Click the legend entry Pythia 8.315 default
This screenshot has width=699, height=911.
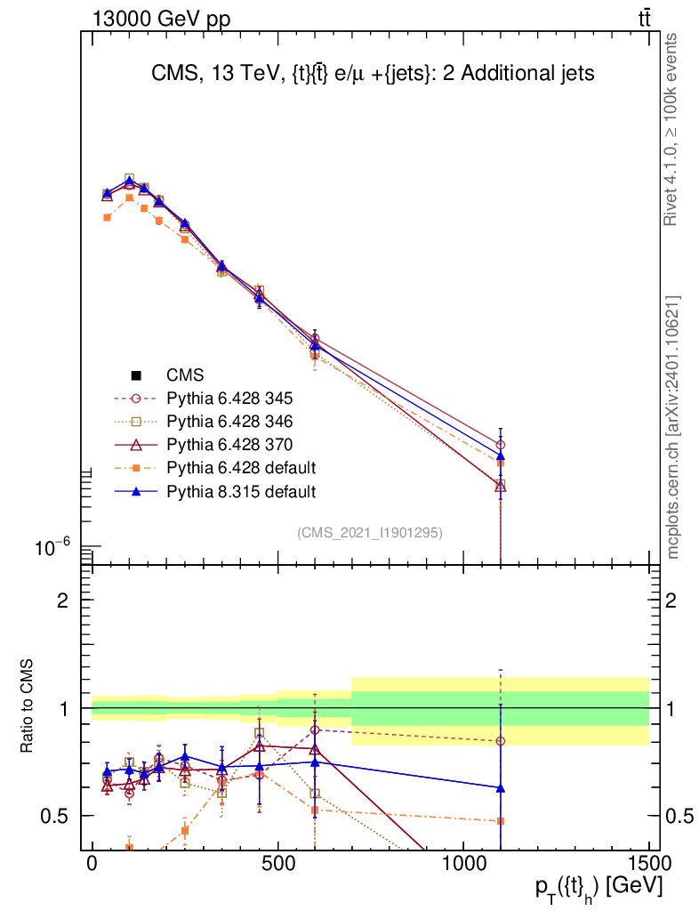point(241,490)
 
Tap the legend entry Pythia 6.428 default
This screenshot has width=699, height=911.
point(241,467)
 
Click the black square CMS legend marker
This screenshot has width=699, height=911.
point(136,375)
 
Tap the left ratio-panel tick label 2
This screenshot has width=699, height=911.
point(63,601)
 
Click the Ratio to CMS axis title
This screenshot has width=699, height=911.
point(28,708)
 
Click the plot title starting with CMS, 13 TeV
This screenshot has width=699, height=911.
point(373,75)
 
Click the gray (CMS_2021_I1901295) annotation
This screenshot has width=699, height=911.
point(370,532)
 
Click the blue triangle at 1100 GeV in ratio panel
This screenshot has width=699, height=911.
point(501,788)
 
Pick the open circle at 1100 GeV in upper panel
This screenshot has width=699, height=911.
point(501,445)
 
